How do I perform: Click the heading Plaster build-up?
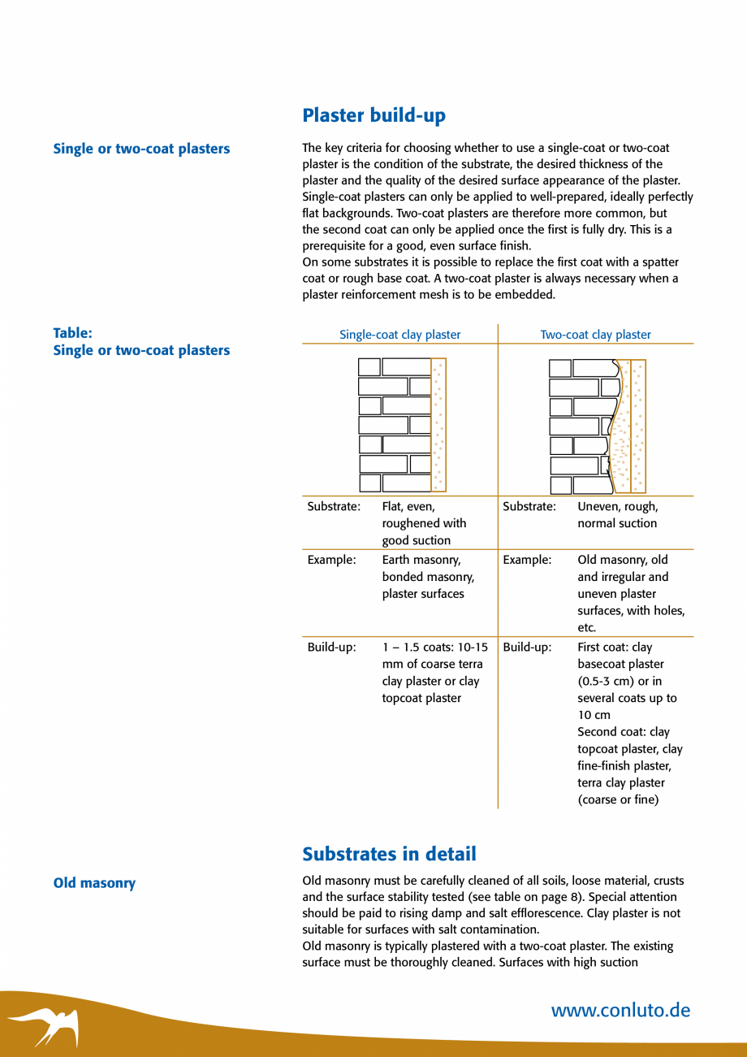coord(373,115)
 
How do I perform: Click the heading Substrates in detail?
coord(389,854)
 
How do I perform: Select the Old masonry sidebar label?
coord(94,883)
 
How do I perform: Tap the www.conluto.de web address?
coord(620,1011)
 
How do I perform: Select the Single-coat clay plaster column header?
coord(399,335)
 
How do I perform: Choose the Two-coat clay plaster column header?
coord(595,335)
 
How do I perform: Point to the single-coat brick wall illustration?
coord(402,424)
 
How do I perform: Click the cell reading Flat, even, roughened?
coord(424,523)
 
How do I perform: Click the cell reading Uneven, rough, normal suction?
coord(617,515)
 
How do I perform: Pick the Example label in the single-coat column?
coord(331,560)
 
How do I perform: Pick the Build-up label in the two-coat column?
coord(527,648)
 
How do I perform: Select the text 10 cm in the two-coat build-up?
coord(594,715)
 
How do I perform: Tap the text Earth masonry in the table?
coord(421,560)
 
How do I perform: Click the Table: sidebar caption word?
coord(72,333)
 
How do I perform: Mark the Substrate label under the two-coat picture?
coord(529,506)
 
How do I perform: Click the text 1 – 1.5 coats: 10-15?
coord(434,648)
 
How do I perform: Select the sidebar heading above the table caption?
coord(141,149)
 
